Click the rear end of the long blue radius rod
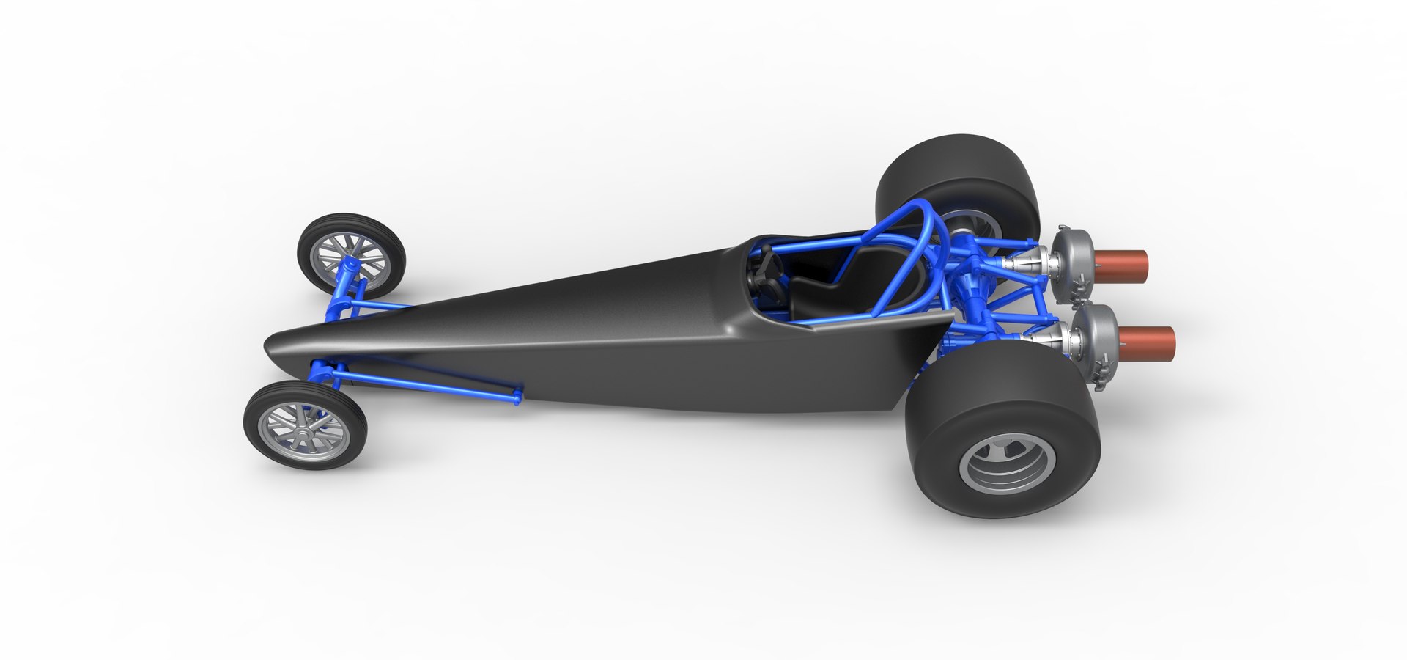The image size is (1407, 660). [x=517, y=398]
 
